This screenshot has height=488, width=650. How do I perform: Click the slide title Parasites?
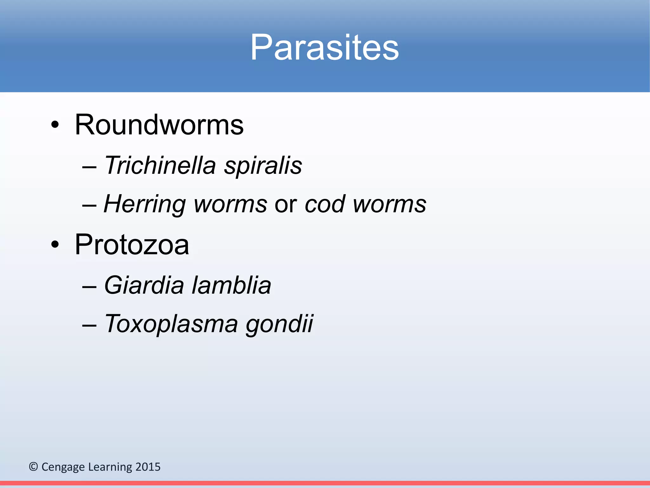click(324, 48)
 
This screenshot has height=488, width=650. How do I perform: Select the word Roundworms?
click(159, 125)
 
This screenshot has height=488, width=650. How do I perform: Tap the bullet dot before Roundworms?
click(55, 125)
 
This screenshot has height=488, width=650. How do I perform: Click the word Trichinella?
click(160, 165)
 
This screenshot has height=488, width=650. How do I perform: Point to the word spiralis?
click(263, 166)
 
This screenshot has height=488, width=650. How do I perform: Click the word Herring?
click(144, 204)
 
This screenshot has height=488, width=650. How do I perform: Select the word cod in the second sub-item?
click(324, 204)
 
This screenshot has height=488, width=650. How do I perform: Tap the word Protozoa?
click(132, 245)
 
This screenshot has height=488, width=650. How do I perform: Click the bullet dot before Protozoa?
click(55, 245)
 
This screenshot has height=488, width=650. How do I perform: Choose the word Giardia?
click(144, 285)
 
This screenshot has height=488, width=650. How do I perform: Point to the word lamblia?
click(231, 285)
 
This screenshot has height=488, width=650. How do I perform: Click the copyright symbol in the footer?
click(33, 467)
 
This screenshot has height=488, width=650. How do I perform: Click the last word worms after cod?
click(389, 204)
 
